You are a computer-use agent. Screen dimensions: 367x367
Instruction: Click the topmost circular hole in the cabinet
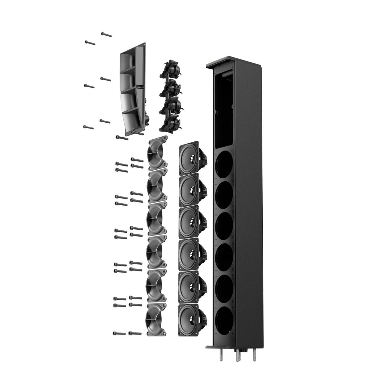[224, 164]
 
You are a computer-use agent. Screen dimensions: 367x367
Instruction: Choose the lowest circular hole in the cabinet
[224, 320]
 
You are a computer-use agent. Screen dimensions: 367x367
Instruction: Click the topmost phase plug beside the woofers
[157, 153]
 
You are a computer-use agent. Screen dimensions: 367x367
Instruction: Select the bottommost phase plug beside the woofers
[156, 319]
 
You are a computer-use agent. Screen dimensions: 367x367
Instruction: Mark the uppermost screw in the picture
[106, 34]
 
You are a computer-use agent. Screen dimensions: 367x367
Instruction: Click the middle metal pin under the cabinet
[238, 355]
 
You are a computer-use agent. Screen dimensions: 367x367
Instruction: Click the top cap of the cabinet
[234, 62]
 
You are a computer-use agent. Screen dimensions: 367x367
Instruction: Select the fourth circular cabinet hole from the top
[224, 257]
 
